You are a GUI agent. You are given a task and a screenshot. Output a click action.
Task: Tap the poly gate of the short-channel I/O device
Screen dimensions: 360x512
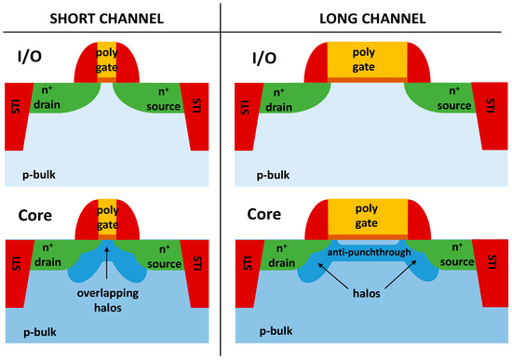pos(110,61)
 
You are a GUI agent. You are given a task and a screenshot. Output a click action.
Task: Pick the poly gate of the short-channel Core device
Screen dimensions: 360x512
pos(110,216)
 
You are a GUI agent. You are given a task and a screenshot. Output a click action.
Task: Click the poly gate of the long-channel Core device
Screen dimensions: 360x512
pos(365,217)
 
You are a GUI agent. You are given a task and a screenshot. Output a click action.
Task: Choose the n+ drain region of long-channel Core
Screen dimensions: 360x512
pos(286,254)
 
